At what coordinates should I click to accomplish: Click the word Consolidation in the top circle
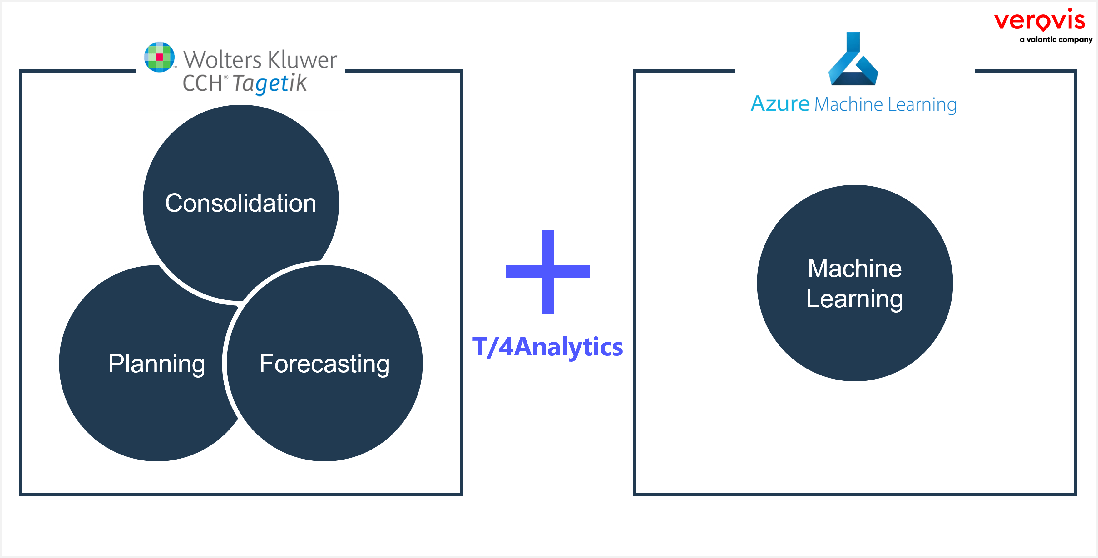pyautogui.click(x=240, y=203)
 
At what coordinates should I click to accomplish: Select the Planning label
pyautogui.click(x=156, y=364)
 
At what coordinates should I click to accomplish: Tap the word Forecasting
pyautogui.click(x=324, y=364)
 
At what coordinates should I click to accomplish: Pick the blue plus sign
pyautogui.click(x=548, y=272)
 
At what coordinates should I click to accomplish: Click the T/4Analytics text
pyautogui.click(x=548, y=347)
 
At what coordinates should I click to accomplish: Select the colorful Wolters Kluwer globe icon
pyautogui.click(x=159, y=57)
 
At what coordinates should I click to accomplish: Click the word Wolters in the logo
pyautogui.click(x=222, y=60)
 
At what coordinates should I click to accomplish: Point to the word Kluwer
pyautogui.click(x=303, y=60)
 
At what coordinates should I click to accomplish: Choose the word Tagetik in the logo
pyautogui.click(x=270, y=83)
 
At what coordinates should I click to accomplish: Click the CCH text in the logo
pyautogui.click(x=202, y=83)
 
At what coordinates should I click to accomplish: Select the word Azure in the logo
pyautogui.click(x=780, y=104)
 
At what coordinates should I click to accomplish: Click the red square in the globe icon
pyautogui.click(x=159, y=57)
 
